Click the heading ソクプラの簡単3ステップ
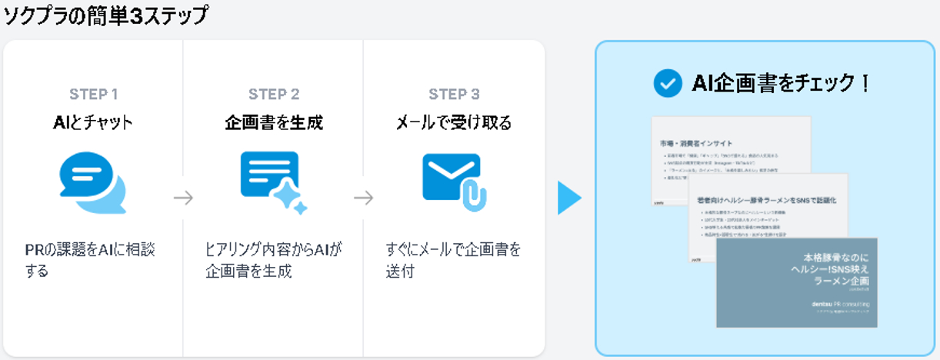[105, 16]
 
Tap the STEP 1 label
[94, 95]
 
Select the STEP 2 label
[274, 95]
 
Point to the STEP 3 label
[454, 95]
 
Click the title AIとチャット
[94, 122]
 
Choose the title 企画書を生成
[274, 122]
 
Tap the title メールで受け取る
[454, 122]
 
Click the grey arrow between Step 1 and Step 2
[183, 198]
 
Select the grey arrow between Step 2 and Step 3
[363, 198]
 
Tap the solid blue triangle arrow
[569, 198]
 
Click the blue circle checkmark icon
[667, 83]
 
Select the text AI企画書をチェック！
[782, 83]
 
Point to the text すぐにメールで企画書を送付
[453, 260]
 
